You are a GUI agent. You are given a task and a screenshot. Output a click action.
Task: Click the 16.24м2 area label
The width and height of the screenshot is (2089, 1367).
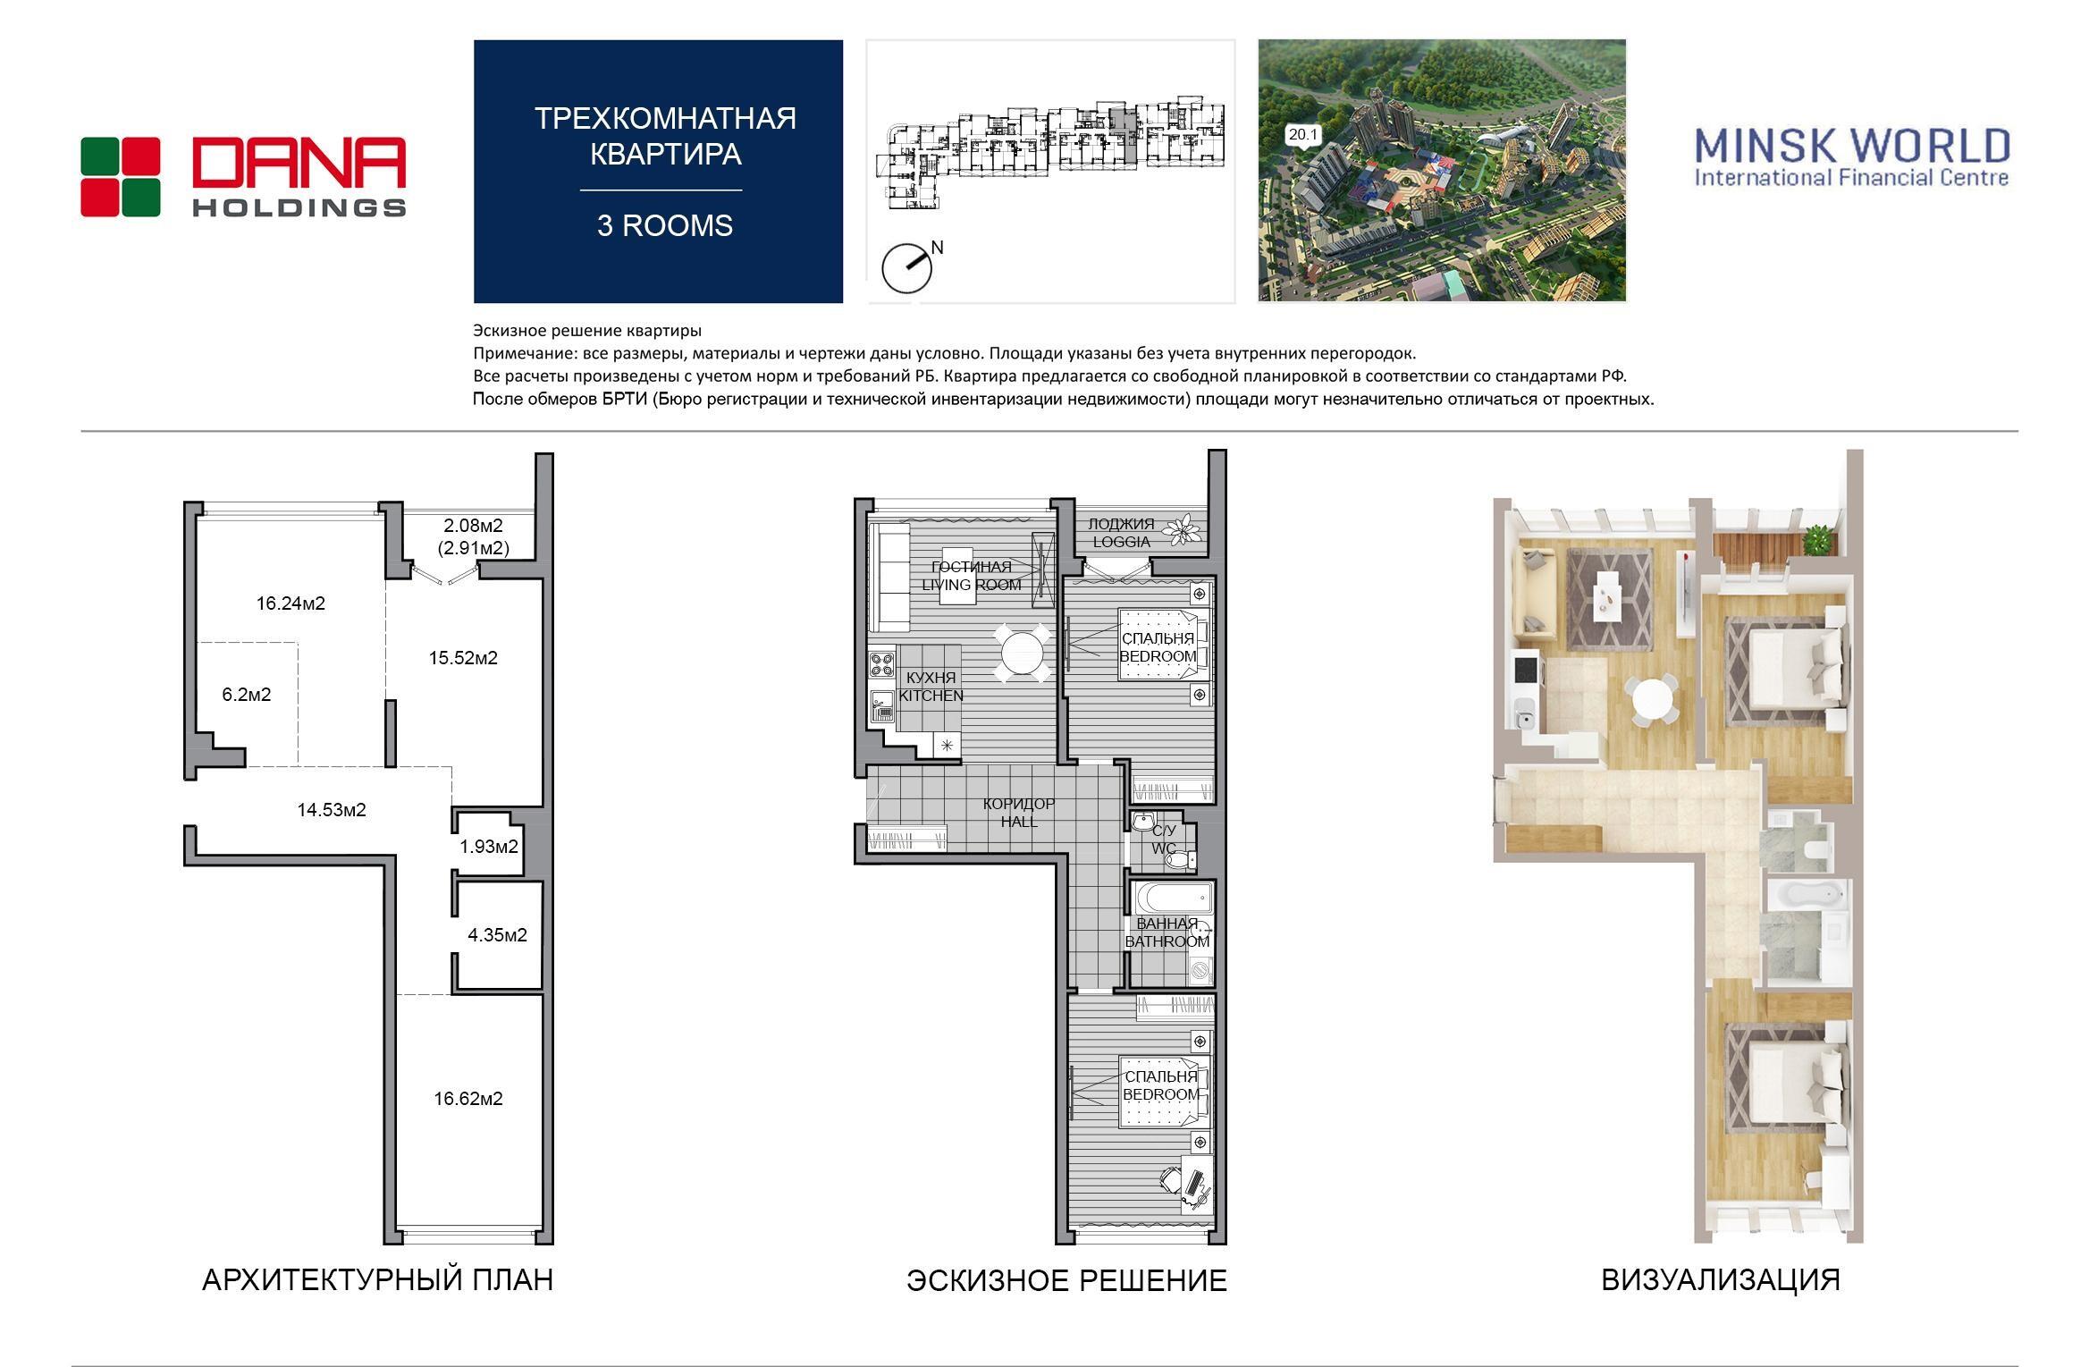(291, 603)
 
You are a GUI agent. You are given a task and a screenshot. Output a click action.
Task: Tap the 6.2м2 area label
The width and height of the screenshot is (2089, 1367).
(246, 695)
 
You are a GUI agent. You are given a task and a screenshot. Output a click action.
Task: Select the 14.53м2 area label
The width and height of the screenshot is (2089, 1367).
(332, 810)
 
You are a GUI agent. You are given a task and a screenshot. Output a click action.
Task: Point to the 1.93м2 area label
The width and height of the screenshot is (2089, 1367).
(489, 846)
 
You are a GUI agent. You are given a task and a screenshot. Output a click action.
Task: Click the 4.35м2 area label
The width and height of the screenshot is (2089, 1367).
(497, 935)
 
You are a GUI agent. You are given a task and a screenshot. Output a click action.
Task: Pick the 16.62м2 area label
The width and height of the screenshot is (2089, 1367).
(468, 1099)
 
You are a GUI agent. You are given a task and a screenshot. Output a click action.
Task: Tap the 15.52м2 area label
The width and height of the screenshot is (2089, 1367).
(463, 658)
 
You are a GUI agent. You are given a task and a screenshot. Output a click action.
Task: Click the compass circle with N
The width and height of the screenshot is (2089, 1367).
(906, 268)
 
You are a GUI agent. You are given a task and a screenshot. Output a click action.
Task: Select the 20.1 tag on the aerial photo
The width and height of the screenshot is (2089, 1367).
(1302, 135)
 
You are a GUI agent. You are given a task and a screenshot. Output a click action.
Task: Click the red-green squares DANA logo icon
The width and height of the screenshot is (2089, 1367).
(121, 177)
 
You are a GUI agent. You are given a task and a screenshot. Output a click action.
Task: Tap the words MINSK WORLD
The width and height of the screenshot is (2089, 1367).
(1852, 146)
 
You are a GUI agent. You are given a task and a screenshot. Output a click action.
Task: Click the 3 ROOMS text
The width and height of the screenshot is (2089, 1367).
(665, 225)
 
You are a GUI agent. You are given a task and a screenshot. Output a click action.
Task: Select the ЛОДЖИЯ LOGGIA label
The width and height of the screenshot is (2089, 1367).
(1121, 533)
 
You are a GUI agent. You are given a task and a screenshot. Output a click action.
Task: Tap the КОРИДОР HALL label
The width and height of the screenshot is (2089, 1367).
(1019, 813)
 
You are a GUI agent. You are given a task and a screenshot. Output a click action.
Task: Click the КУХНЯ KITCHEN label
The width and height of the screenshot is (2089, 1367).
(931, 687)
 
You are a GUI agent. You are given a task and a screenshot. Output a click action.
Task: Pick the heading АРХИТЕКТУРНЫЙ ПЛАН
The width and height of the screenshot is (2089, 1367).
(378, 1280)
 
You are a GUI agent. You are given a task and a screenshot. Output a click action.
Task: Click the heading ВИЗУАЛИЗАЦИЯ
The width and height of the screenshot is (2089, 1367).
(1721, 1280)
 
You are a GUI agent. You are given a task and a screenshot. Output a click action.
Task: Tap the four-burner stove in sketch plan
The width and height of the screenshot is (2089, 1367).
(881, 665)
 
